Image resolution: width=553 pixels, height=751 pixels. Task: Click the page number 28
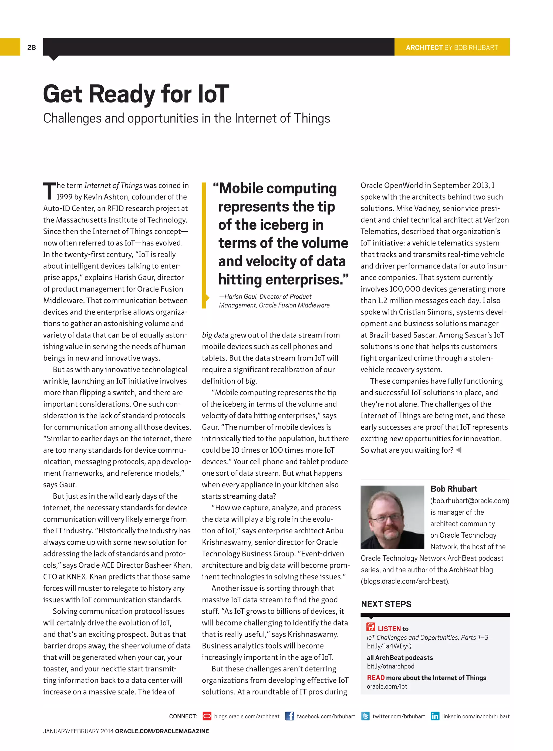coord(32,47)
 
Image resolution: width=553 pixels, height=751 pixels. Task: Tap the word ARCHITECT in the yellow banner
coord(424,47)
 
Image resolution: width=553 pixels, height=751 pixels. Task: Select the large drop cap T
coord(49,191)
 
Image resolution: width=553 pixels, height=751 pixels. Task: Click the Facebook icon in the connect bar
coord(289,716)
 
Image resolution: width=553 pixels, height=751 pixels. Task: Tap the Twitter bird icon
coord(365,716)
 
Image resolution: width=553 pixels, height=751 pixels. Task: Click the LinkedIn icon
coord(435,716)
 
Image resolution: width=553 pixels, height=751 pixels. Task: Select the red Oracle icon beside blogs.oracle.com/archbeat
coord(207,716)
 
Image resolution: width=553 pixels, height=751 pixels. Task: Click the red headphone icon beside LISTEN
coord(370,627)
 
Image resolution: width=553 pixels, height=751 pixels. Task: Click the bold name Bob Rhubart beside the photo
coord(454,489)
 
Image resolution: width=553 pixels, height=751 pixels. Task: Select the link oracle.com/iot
coord(387,687)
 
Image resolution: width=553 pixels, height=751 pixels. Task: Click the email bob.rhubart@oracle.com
coord(470,501)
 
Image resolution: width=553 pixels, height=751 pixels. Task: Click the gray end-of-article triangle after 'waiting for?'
coord(458,450)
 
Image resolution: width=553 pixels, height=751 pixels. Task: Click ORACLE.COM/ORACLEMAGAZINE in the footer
coord(162,731)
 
